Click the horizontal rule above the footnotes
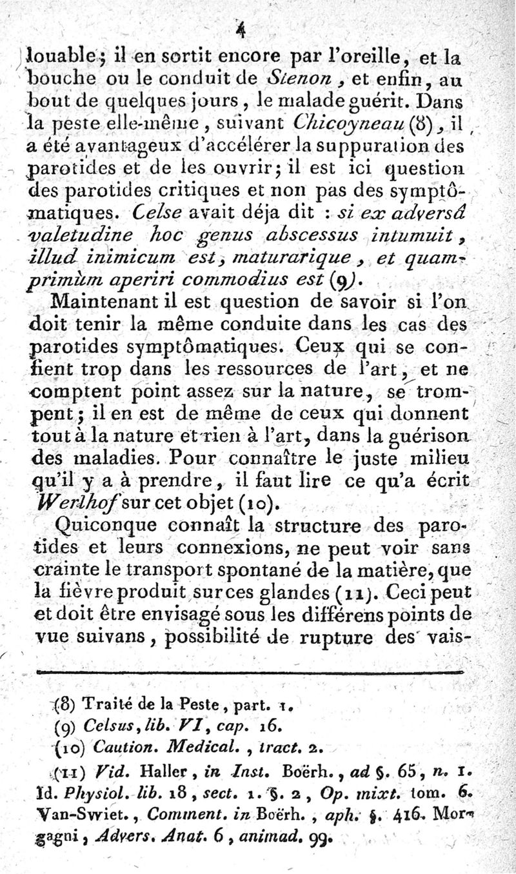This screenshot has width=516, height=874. (x=252, y=671)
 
